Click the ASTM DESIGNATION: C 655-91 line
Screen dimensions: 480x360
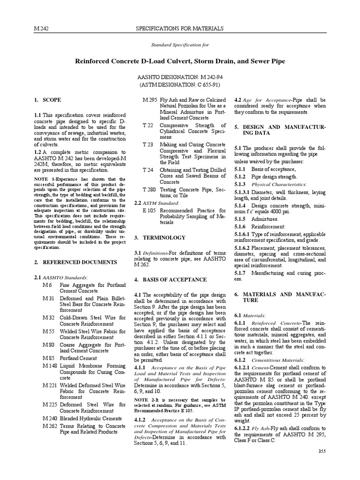coord(180,85)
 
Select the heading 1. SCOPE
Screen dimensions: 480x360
coord(48,100)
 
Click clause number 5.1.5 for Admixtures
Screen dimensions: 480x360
coord(240,219)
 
